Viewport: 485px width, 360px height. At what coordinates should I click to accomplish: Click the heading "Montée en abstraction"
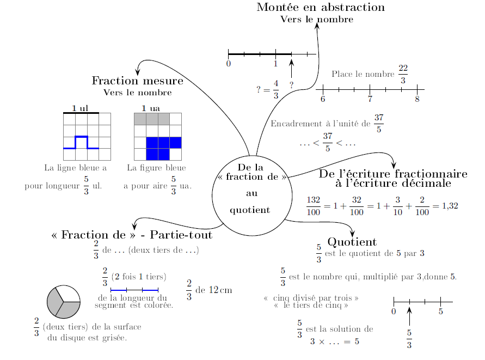(x=321, y=8)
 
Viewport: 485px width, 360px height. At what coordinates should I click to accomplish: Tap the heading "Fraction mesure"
(x=137, y=81)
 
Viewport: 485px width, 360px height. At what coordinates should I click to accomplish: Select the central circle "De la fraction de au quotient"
(x=251, y=194)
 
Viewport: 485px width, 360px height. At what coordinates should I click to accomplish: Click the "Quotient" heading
(x=352, y=242)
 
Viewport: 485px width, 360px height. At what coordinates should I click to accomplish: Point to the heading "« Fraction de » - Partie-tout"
(x=131, y=235)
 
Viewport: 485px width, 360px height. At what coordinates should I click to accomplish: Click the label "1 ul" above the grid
(x=80, y=108)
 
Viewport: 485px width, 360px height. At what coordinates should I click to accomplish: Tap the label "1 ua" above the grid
(x=150, y=108)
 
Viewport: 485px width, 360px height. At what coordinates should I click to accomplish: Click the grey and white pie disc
(x=64, y=301)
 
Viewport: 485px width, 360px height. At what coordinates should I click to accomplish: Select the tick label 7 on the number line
(x=370, y=99)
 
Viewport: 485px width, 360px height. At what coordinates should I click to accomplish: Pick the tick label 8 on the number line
(x=417, y=99)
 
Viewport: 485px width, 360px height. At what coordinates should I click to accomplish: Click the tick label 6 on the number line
(x=323, y=99)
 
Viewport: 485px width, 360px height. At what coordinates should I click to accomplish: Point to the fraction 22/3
(x=403, y=74)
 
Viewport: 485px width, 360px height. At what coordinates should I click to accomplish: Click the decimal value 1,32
(x=449, y=206)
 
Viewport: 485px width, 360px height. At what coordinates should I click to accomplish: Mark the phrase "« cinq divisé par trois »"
(x=311, y=298)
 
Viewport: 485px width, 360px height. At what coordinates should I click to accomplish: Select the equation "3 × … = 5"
(x=334, y=342)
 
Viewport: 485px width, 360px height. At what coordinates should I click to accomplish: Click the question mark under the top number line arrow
(x=292, y=85)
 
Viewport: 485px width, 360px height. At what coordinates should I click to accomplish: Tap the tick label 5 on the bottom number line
(x=440, y=312)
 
